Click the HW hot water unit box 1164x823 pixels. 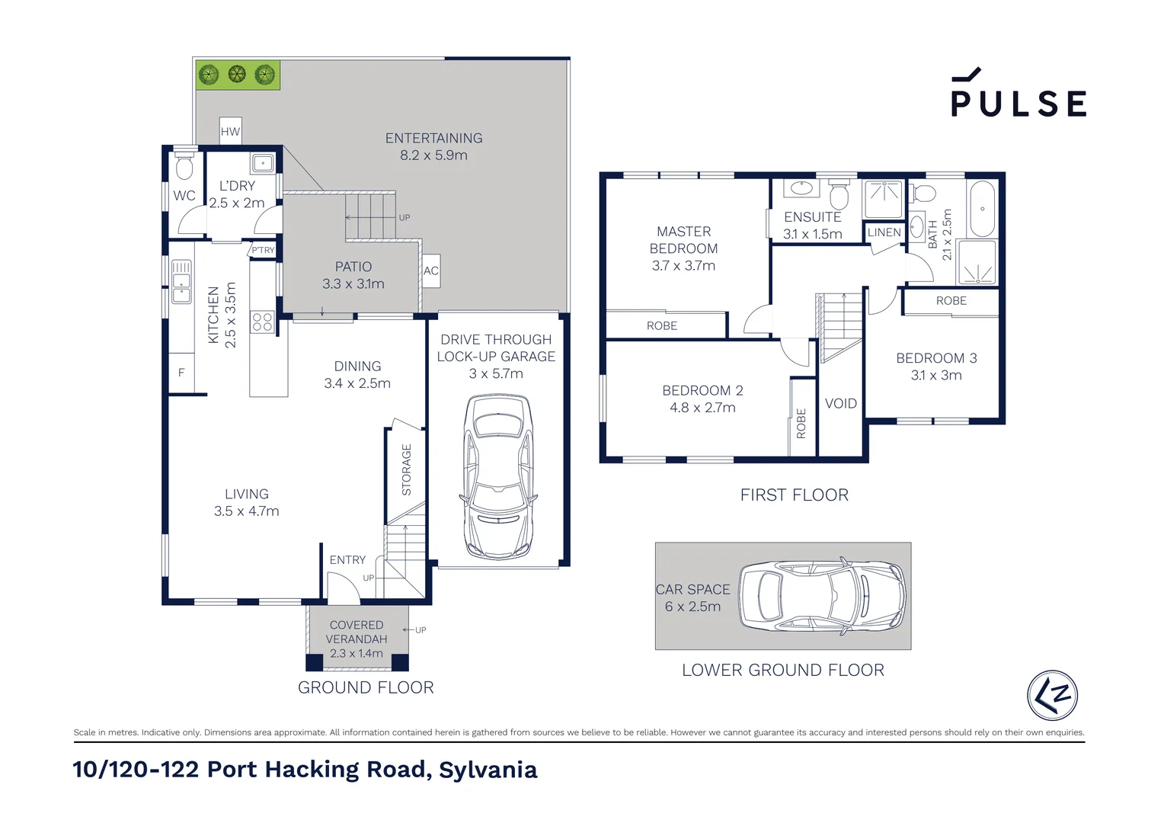pos(230,131)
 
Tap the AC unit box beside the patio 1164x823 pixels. pos(430,271)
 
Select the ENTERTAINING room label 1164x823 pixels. pos(433,138)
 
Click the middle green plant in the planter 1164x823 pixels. pos(237,75)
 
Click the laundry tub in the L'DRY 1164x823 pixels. pos(262,163)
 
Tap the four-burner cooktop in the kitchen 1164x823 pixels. pos(262,322)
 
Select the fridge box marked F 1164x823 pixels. pos(181,373)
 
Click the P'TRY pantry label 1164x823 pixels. pos(263,250)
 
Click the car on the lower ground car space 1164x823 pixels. pos(823,595)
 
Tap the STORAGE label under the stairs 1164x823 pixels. pos(406,470)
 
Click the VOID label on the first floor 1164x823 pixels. pos(840,403)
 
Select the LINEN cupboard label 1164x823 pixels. pos(884,232)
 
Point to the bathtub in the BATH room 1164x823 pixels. pos(982,209)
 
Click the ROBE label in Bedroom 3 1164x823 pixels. pos(951,301)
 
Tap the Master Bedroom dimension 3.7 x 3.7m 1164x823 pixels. pos(683,266)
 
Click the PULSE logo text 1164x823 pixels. pos(1019,104)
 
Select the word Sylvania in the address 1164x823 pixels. pos(488,770)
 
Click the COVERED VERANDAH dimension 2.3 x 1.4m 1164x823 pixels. pos(356,654)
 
